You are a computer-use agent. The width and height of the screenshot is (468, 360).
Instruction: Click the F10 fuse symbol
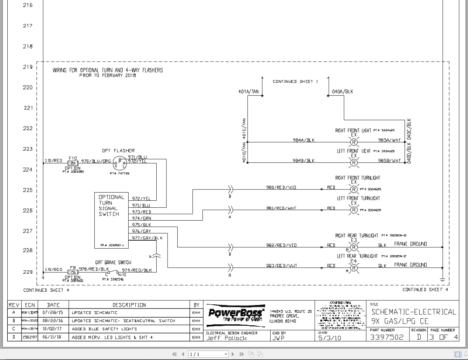point(73,163)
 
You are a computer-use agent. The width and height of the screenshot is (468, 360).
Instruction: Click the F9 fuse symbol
point(73,272)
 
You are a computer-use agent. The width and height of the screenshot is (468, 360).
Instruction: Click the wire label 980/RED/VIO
point(281,187)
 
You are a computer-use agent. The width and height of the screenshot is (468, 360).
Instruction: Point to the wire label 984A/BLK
point(304,140)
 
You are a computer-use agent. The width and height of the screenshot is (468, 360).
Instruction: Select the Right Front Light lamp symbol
point(354,142)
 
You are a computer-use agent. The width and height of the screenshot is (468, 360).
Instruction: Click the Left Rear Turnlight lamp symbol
point(354,268)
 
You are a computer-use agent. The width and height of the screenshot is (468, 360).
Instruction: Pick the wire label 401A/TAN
point(248,92)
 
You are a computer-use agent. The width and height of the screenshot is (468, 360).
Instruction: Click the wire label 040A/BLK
point(342,92)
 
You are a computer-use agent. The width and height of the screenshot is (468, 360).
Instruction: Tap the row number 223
point(28,149)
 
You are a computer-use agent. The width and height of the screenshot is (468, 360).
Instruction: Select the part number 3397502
point(387,337)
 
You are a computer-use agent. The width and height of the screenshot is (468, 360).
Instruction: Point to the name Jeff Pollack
point(226,338)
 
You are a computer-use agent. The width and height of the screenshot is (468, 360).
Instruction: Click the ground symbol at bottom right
point(442,279)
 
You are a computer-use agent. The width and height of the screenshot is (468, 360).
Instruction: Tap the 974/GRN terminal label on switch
point(141,219)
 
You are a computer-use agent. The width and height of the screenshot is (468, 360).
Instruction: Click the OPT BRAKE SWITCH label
point(113,263)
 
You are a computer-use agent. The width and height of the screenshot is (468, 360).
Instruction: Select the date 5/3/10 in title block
point(330,338)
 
